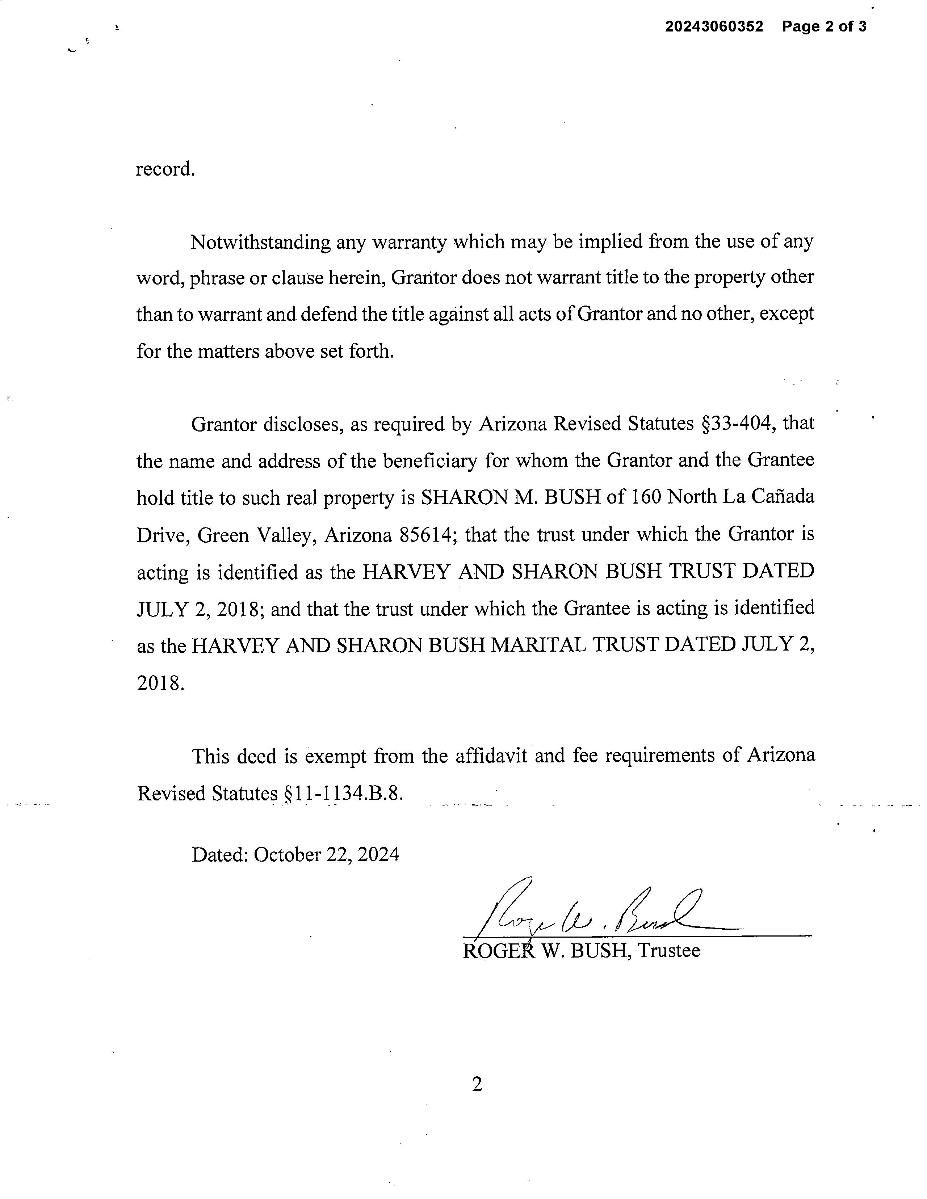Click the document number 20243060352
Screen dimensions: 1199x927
pos(714,26)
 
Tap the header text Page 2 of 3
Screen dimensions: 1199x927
pos(824,26)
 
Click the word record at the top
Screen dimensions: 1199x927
pos(165,169)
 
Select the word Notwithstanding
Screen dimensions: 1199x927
pos(260,242)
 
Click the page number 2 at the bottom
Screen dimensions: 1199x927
pos(477,1084)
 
